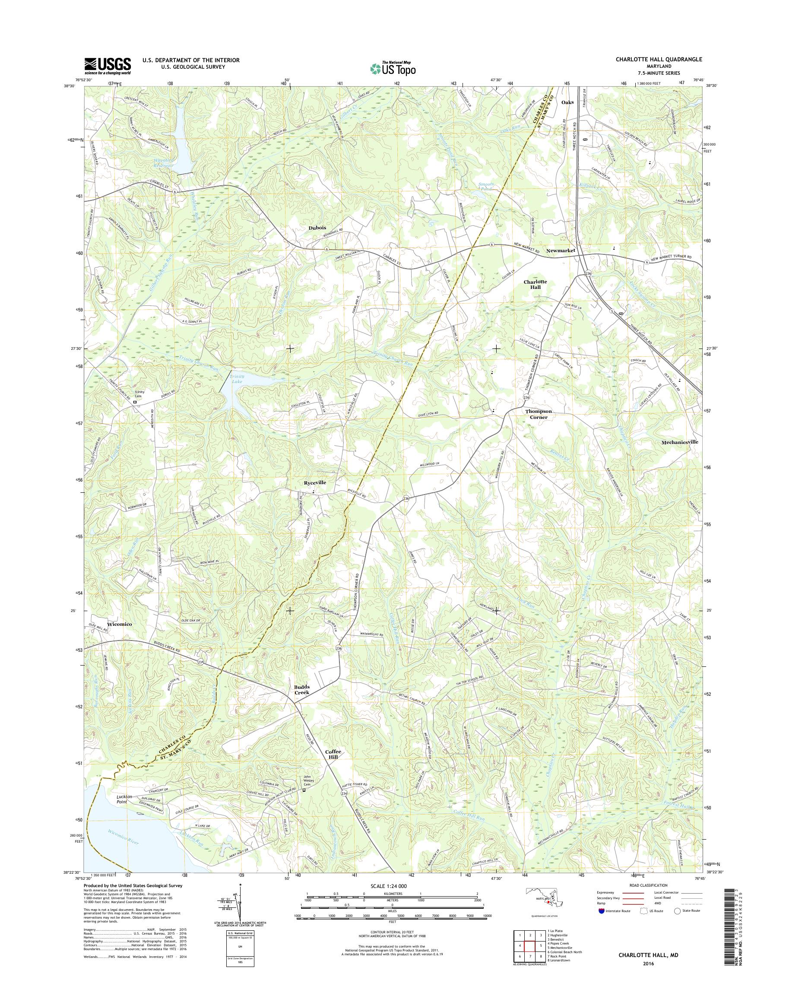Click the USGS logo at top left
coord(107,66)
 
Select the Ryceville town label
coord(315,482)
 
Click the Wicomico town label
coord(119,625)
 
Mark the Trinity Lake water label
coord(238,379)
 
